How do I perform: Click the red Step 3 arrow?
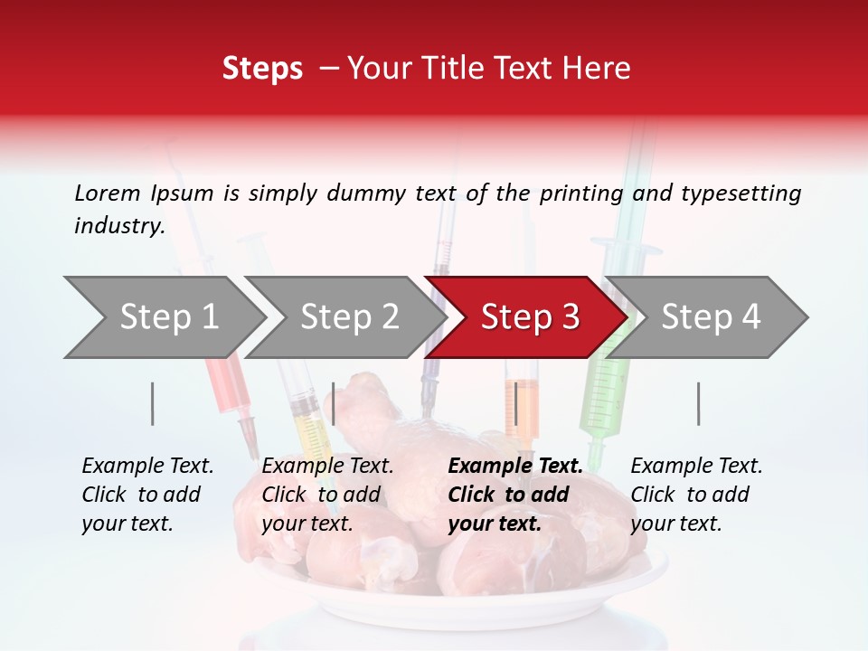click(529, 317)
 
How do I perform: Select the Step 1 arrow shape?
click(168, 317)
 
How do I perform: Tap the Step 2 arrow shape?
click(349, 317)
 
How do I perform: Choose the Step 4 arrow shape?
click(711, 317)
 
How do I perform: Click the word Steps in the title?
click(262, 68)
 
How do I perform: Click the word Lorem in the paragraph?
click(107, 193)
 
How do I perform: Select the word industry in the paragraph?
click(119, 225)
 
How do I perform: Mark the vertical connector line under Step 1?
click(153, 403)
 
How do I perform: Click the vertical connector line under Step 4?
click(698, 403)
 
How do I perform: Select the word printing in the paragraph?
click(579, 193)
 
